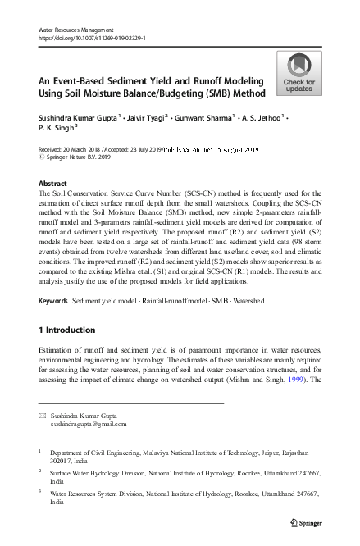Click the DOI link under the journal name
point(93,38)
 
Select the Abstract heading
point(52,184)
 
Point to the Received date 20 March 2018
point(84,150)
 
